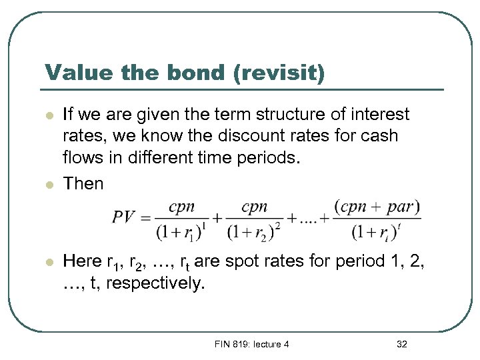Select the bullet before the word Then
[x=49, y=184]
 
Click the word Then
[x=83, y=183]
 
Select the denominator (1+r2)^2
[x=254, y=232]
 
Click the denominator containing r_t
[x=377, y=232]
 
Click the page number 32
[x=401, y=344]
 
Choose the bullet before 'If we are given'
[x=49, y=115]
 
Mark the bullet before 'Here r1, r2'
[x=49, y=263]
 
